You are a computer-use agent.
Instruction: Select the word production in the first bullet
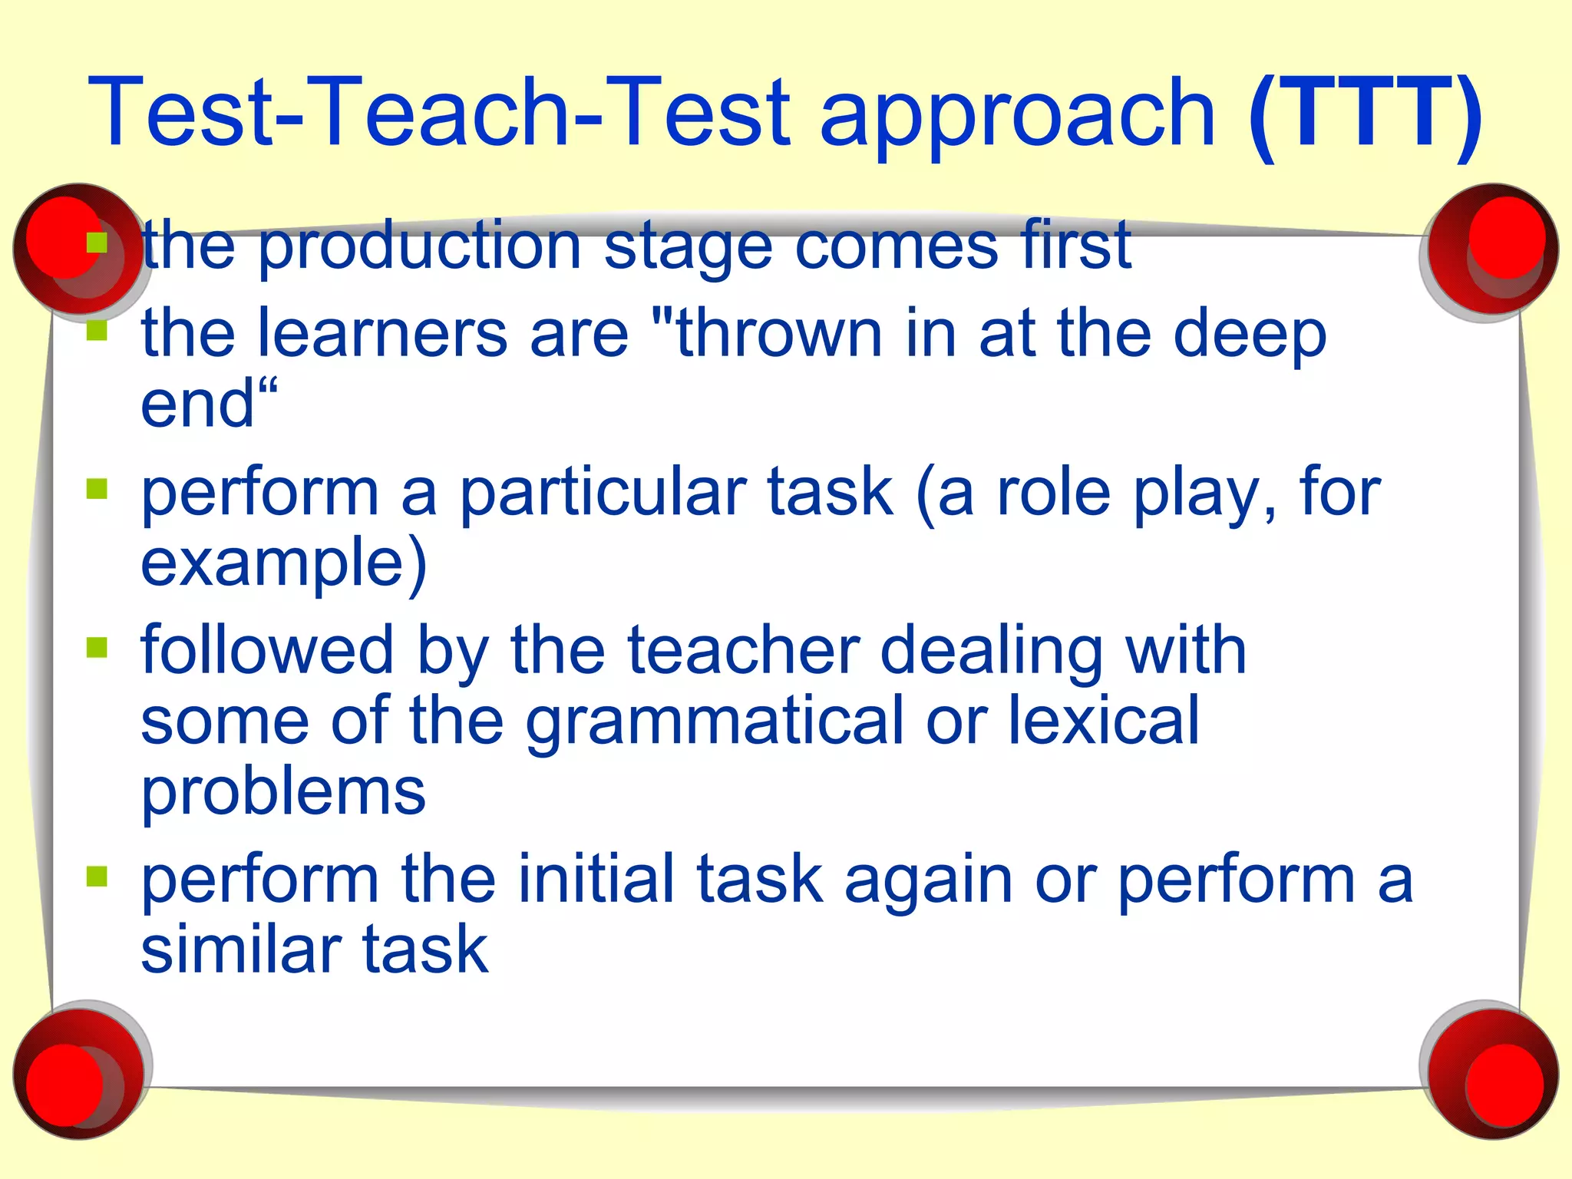point(419,247)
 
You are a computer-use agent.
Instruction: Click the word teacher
point(742,651)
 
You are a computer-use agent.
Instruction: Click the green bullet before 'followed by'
point(97,648)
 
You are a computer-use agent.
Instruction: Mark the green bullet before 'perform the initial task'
point(97,876)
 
